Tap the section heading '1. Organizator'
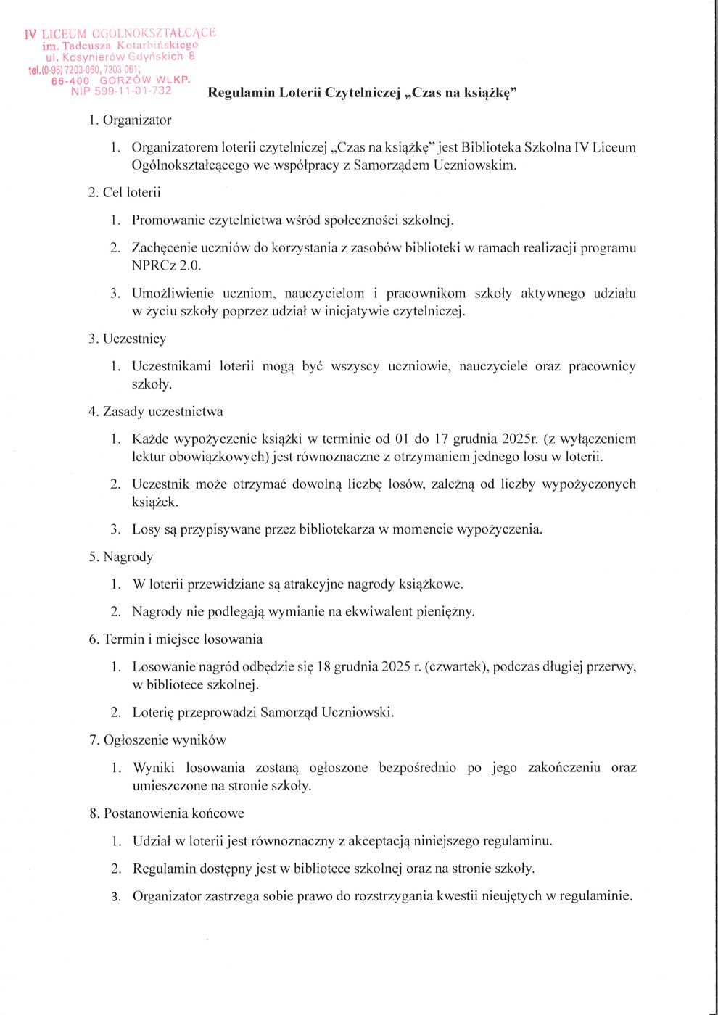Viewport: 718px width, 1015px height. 130,120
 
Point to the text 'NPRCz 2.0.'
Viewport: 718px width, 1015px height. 166,265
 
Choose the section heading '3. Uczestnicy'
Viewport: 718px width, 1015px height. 128,339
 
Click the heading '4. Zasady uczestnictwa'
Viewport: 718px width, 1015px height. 156,412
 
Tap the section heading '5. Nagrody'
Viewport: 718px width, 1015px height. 121,557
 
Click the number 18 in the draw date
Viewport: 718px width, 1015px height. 323,667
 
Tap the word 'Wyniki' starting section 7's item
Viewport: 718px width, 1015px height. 154,768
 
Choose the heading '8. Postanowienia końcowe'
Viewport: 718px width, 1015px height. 167,813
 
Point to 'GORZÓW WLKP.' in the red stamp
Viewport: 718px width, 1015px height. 145,80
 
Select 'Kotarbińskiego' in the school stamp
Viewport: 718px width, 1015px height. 157,45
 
